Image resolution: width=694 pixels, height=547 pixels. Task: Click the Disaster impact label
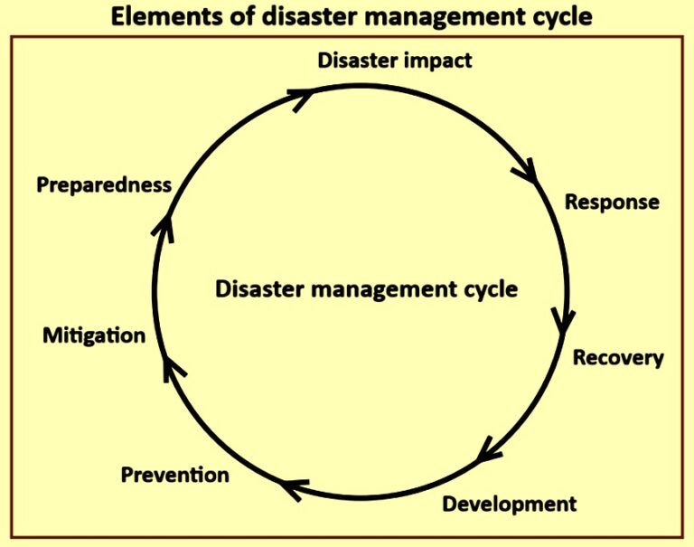[395, 61]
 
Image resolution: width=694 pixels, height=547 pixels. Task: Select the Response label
[612, 202]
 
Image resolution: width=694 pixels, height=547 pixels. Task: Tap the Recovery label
[618, 358]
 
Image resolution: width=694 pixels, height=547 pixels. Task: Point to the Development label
[509, 504]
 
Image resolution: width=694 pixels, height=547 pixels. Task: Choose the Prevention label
[174, 475]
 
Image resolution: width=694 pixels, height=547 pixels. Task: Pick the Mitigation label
[94, 335]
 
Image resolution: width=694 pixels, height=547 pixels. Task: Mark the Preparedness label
[104, 185]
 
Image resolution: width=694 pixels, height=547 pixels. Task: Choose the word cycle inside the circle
[488, 290]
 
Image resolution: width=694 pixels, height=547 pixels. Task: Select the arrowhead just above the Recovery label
[565, 318]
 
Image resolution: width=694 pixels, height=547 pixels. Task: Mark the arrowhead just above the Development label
[488, 450]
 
